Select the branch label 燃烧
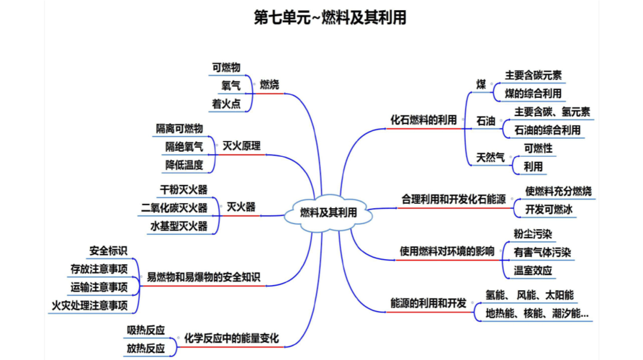pos(269,85)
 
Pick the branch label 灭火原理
pos(241,146)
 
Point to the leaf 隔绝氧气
pos(184,146)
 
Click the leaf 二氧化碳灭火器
pos(174,208)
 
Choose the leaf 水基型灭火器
pos(179,226)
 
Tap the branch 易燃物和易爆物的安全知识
pos(204,277)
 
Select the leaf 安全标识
pos(108,251)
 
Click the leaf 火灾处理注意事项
pos(90,306)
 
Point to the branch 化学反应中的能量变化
pos(231,338)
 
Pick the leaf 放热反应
pos(146,348)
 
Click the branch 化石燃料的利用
pos(423,120)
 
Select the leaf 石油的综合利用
pos(547,130)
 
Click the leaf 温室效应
pos(533,270)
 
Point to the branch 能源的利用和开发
pos(428,302)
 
